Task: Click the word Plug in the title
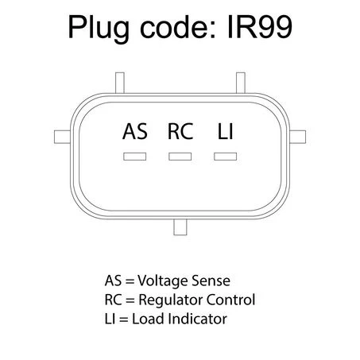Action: pyautogui.click(x=99, y=29)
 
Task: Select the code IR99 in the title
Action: pyautogui.click(x=260, y=27)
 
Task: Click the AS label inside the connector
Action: pyautogui.click(x=135, y=131)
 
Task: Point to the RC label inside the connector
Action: pyautogui.click(x=180, y=131)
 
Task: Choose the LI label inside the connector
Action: pyautogui.click(x=226, y=131)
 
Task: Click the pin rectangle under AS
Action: pyautogui.click(x=134, y=157)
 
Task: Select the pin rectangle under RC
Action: pyautogui.click(x=180, y=157)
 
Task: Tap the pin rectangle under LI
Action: pyautogui.click(x=226, y=157)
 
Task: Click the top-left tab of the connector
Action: pyautogui.click(x=120, y=83)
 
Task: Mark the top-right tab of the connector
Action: pyautogui.click(x=241, y=83)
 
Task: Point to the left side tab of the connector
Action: pyautogui.click(x=63, y=137)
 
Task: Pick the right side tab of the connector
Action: pyautogui.click(x=297, y=137)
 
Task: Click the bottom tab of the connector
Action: pyautogui.click(x=180, y=227)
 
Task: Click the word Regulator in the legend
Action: pyautogui.click(x=171, y=300)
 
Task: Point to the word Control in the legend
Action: pyautogui.click(x=230, y=300)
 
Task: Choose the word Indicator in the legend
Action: pyautogui.click(x=197, y=319)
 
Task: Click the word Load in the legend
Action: pyautogui.click(x=148, y=319)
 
